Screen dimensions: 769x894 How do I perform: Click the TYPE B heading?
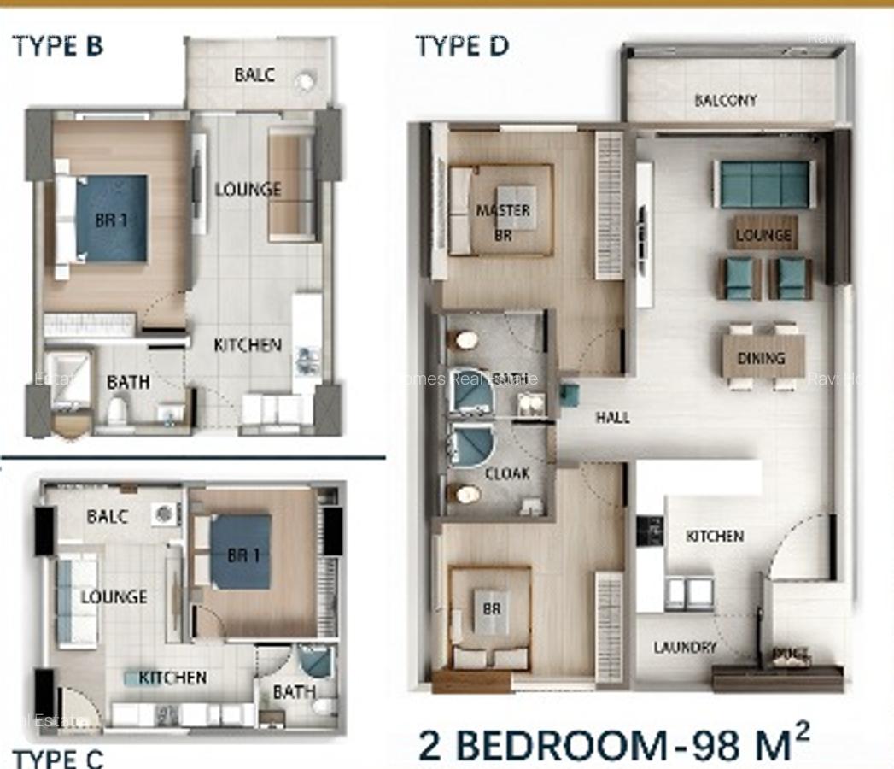(58, 46)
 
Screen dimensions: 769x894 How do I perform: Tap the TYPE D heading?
(462, 46)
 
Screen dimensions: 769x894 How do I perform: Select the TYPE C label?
(58, 757)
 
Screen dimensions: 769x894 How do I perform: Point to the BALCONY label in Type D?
(725, 100)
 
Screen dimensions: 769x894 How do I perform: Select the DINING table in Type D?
(762, 358)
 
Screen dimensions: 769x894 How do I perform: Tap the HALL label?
(612, 417)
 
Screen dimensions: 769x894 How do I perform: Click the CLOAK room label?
(507, 473)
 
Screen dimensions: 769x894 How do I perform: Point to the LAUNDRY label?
(685, 647)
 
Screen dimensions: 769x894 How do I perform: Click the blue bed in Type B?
(112, 219)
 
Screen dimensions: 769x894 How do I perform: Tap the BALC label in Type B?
(254, 75)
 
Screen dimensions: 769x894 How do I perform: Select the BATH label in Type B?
(128, 382)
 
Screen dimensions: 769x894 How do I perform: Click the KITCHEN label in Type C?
(172, 678)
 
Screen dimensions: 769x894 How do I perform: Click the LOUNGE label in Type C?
(114, 597)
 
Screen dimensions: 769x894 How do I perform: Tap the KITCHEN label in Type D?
(715, 536)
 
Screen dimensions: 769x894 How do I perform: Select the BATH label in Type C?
(294, 691)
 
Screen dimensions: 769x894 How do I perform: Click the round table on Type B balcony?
(305, 82)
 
